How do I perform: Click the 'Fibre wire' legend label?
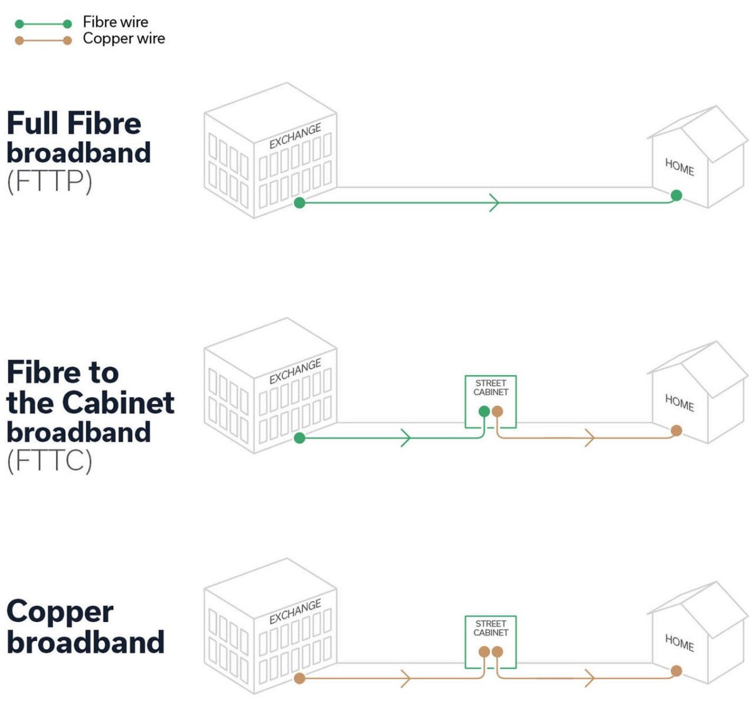pos(116,22)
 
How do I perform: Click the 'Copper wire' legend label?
pos(124,39)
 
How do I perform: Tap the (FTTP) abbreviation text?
pos(50,182)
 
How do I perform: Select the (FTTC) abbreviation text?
pos(50,461)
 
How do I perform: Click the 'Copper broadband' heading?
pos(85,627)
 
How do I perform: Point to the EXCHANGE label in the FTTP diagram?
pos(295,136)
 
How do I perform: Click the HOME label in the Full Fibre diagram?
pos(679,167)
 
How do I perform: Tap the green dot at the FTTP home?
pos(676,195)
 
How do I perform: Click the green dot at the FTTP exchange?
pos(300,202)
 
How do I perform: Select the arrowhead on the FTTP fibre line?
pos(494,202)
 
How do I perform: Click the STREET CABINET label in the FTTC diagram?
pos(491,387)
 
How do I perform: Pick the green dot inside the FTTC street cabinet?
pos(484,412)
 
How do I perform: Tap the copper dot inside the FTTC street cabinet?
pos(497,412)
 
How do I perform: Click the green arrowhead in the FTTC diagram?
pos(406,437)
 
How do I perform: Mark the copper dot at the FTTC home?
pos(676,430)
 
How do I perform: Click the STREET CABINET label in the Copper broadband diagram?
pos(491,628)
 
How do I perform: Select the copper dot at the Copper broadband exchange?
pos(300,678)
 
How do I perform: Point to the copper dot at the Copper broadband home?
pos(676,671)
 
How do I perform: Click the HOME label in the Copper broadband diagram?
pos(679,643)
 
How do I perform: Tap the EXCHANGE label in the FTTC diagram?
pos(295,371)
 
